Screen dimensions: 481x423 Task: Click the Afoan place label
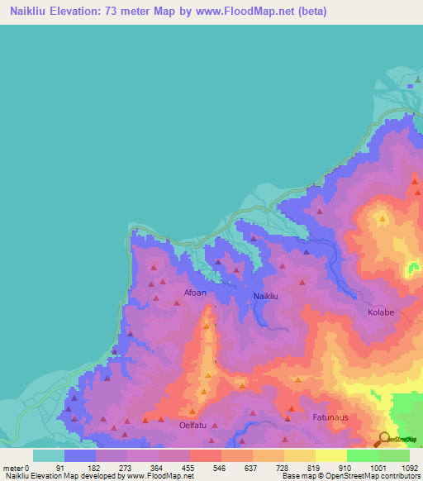[x=195, y=293]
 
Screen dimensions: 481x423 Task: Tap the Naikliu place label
[x=265, y=296]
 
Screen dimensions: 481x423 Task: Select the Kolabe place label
[x=381, y=312]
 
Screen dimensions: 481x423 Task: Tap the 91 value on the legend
[x=82, y=468]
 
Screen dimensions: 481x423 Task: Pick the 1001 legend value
[x=378, y=468]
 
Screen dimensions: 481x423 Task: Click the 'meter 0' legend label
[x=15, y=468]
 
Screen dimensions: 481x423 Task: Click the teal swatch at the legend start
[x=49, y=455]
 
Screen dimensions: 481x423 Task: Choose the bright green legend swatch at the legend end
[x=394, y=455]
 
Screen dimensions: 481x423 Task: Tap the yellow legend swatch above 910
[x=331, y=455]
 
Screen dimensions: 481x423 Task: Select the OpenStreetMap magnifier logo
[x=383, y=439]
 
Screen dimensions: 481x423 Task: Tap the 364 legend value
[x=145, y=468]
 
